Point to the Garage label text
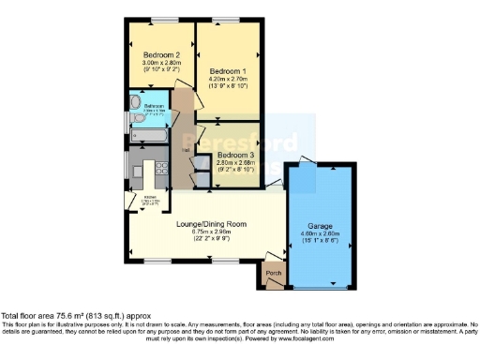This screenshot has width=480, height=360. (321, 227)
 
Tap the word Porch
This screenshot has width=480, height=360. (274, 274)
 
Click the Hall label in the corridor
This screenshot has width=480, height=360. (186, 149)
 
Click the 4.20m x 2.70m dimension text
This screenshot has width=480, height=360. (229, 80)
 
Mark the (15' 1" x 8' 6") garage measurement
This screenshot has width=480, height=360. (321, 242)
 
